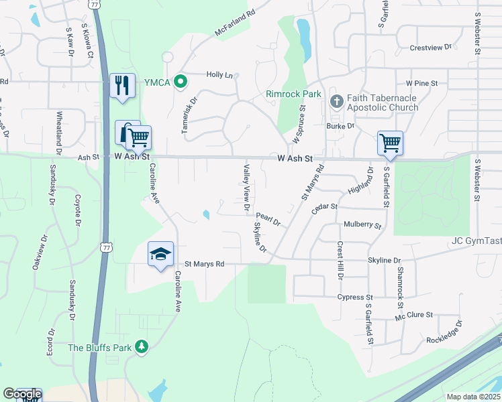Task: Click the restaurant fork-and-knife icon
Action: click(x=122, y=85)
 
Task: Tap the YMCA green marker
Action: click(x=180, y=82)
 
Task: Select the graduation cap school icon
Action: click(x=160, y=254)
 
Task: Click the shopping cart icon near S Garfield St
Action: click(x=390, y=142)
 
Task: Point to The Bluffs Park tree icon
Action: click(x=141, y=346)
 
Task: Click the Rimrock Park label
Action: click(x=293, y=94)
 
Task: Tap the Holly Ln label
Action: click(x=219, y=75)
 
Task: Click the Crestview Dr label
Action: click(x=431, y=48)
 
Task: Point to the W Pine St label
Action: click(x=421, y=84)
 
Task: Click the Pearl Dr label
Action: click(x=268, y=216)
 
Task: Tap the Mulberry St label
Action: click(x=362, y=226)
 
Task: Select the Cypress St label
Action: click(x=355, y=297)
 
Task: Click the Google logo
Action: click(x=21, y=395)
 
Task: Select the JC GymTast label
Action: click(x=476, y=241)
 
